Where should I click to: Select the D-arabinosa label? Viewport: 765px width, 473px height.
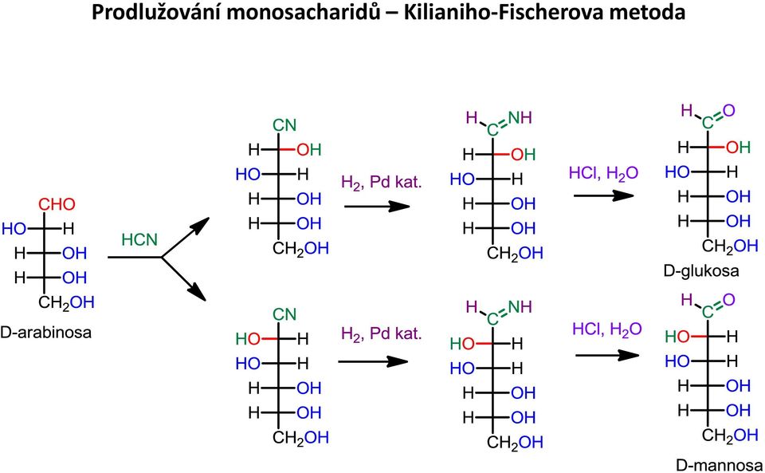[x=46, y=333]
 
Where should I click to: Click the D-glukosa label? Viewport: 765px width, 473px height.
[x=701, y=270]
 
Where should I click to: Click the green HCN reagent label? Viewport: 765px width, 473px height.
[x=139, y=239]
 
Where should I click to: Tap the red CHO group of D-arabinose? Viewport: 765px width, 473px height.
[x=57, y=204]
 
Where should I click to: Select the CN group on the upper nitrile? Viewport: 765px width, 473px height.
[x=284, y=125]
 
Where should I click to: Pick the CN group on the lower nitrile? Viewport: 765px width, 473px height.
[x=284, y=313]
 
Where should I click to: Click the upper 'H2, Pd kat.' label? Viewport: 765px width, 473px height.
[x=381, y=182]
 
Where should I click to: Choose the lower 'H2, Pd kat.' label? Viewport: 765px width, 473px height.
[x=381, y=333]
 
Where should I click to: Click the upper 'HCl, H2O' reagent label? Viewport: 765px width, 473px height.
[x=603, y=173]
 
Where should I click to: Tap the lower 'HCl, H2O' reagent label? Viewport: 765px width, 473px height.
[x=607, y=329]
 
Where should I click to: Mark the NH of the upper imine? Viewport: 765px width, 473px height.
[x=520, y=117]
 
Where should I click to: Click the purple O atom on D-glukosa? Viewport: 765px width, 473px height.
[x=729, y=111]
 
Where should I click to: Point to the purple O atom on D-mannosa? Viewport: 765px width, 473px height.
[x=729, y=300]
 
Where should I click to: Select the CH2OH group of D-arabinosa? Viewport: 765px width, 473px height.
[x=66, y=302]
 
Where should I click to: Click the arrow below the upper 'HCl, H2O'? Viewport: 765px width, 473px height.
[x=603, y=195]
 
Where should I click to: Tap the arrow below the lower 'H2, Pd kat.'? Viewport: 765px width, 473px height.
[x=373, y=361]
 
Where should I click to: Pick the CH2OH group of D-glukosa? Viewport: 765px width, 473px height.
[x=730, y=246]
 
